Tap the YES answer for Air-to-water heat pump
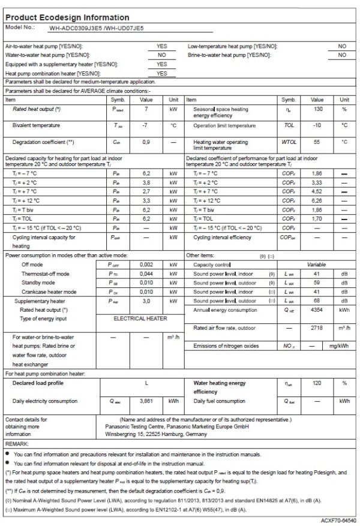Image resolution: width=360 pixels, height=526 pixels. coord(161,46)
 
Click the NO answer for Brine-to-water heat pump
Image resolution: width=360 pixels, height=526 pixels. coord(342,55)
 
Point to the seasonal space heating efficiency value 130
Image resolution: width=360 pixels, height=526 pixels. coord(318,109)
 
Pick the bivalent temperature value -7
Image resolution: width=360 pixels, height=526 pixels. coord(146,125)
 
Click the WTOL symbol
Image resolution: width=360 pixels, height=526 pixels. coord(289,142)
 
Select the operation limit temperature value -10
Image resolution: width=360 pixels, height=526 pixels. coord(318,125)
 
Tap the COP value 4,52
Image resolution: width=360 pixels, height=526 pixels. coord(318,191)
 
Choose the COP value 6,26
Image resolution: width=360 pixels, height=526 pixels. coord(318,200)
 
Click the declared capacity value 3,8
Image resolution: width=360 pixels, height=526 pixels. coord(146,182)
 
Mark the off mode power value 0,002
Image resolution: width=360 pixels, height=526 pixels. coord(146,264)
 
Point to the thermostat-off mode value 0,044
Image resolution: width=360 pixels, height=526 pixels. coord(146,273)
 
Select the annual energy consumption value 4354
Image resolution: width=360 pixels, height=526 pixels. coord(318,309)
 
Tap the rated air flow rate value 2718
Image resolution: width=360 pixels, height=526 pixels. coord(318,328)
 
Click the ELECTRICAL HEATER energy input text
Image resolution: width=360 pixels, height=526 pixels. coord(140,318)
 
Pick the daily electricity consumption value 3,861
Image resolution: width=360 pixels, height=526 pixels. coord(146,400)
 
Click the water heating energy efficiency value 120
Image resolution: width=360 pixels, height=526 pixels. coord(318,382)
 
